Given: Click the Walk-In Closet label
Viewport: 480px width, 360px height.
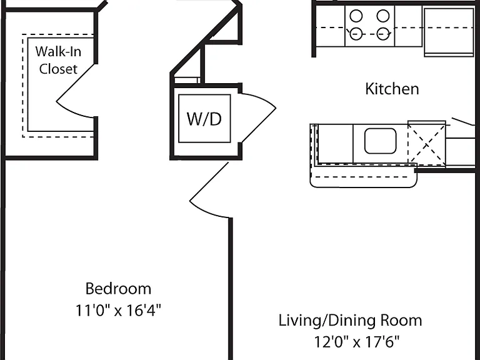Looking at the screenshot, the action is pyautogui.click(x=58, y=60).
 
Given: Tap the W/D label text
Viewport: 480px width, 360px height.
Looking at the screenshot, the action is pyautogui.click(x=204, y=119).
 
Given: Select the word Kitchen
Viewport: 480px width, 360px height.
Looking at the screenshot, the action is pyautogui.click(x=392, y=89).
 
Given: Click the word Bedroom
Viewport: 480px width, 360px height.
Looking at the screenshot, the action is pyautogui.click(x=118, y=289).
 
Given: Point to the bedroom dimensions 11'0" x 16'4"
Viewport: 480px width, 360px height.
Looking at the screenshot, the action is pyautogui.click(x=118, y=311).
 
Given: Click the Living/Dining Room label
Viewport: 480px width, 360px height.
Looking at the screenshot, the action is pyautogui.click(x=350, y=321).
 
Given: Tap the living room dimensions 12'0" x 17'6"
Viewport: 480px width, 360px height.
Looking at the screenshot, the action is pyautogui.click(x=357, y=342).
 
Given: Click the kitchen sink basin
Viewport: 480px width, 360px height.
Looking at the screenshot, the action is pyautogui.click(x=381, y=141).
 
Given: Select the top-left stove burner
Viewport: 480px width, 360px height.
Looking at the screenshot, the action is pyautogui.click(x=356, y=16).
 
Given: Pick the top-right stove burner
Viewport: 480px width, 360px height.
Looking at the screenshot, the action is pyautogui.click(x=383, y=16).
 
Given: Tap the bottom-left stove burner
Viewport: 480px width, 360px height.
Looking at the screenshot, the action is pyautogui.click(x=356, y=34).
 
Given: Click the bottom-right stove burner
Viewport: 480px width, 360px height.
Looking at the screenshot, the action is pyautogui.click(x=383, y=34).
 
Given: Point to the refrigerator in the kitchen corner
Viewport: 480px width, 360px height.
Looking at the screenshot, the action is pyautogui.click(x=449, y=32).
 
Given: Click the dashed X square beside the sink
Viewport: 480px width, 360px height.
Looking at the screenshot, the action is pyautogui.click(x=426, y=144).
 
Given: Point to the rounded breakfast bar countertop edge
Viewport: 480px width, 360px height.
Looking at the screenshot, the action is pyautogui.click(x=364, y=186).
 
